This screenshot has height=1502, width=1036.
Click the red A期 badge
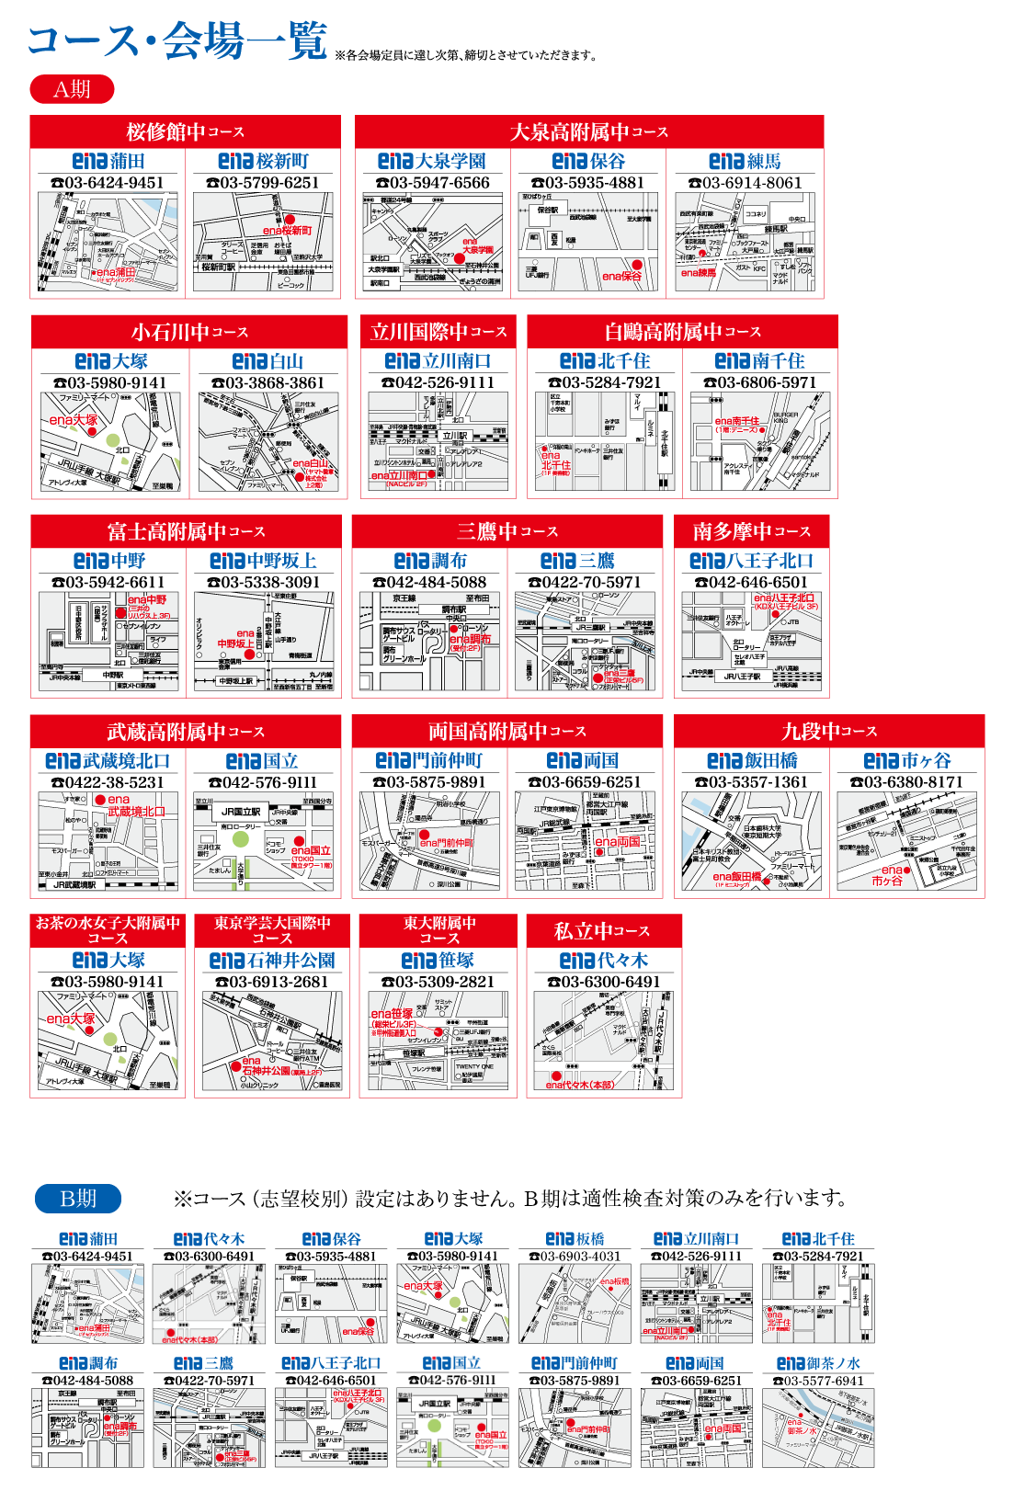[72, 89]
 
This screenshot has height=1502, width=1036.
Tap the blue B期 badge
[78, 1199]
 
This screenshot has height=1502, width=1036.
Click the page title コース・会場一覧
[177, 41]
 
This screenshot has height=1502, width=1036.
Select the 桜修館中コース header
[185, 131]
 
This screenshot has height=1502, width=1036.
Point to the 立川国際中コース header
[438, 331]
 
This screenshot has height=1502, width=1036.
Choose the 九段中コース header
[829, 732]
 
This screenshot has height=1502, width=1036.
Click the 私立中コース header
[602, 931]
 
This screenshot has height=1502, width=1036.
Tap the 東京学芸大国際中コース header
[272, 930]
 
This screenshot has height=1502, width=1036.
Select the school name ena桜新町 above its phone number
[263, 162]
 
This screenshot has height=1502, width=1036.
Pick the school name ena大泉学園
[431, 162]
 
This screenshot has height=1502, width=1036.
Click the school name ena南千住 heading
[759, 361]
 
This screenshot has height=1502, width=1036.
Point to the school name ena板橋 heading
[575, 1239]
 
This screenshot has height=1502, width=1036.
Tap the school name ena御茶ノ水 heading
[818, 1363]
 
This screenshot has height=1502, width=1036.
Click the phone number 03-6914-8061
[746, 183]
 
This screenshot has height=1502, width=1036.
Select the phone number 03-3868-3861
[268, 382]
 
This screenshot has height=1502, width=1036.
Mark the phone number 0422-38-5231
[108, 782]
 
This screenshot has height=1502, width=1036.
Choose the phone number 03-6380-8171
[906, 782]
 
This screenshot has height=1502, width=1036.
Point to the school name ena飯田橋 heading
[752, 761]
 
